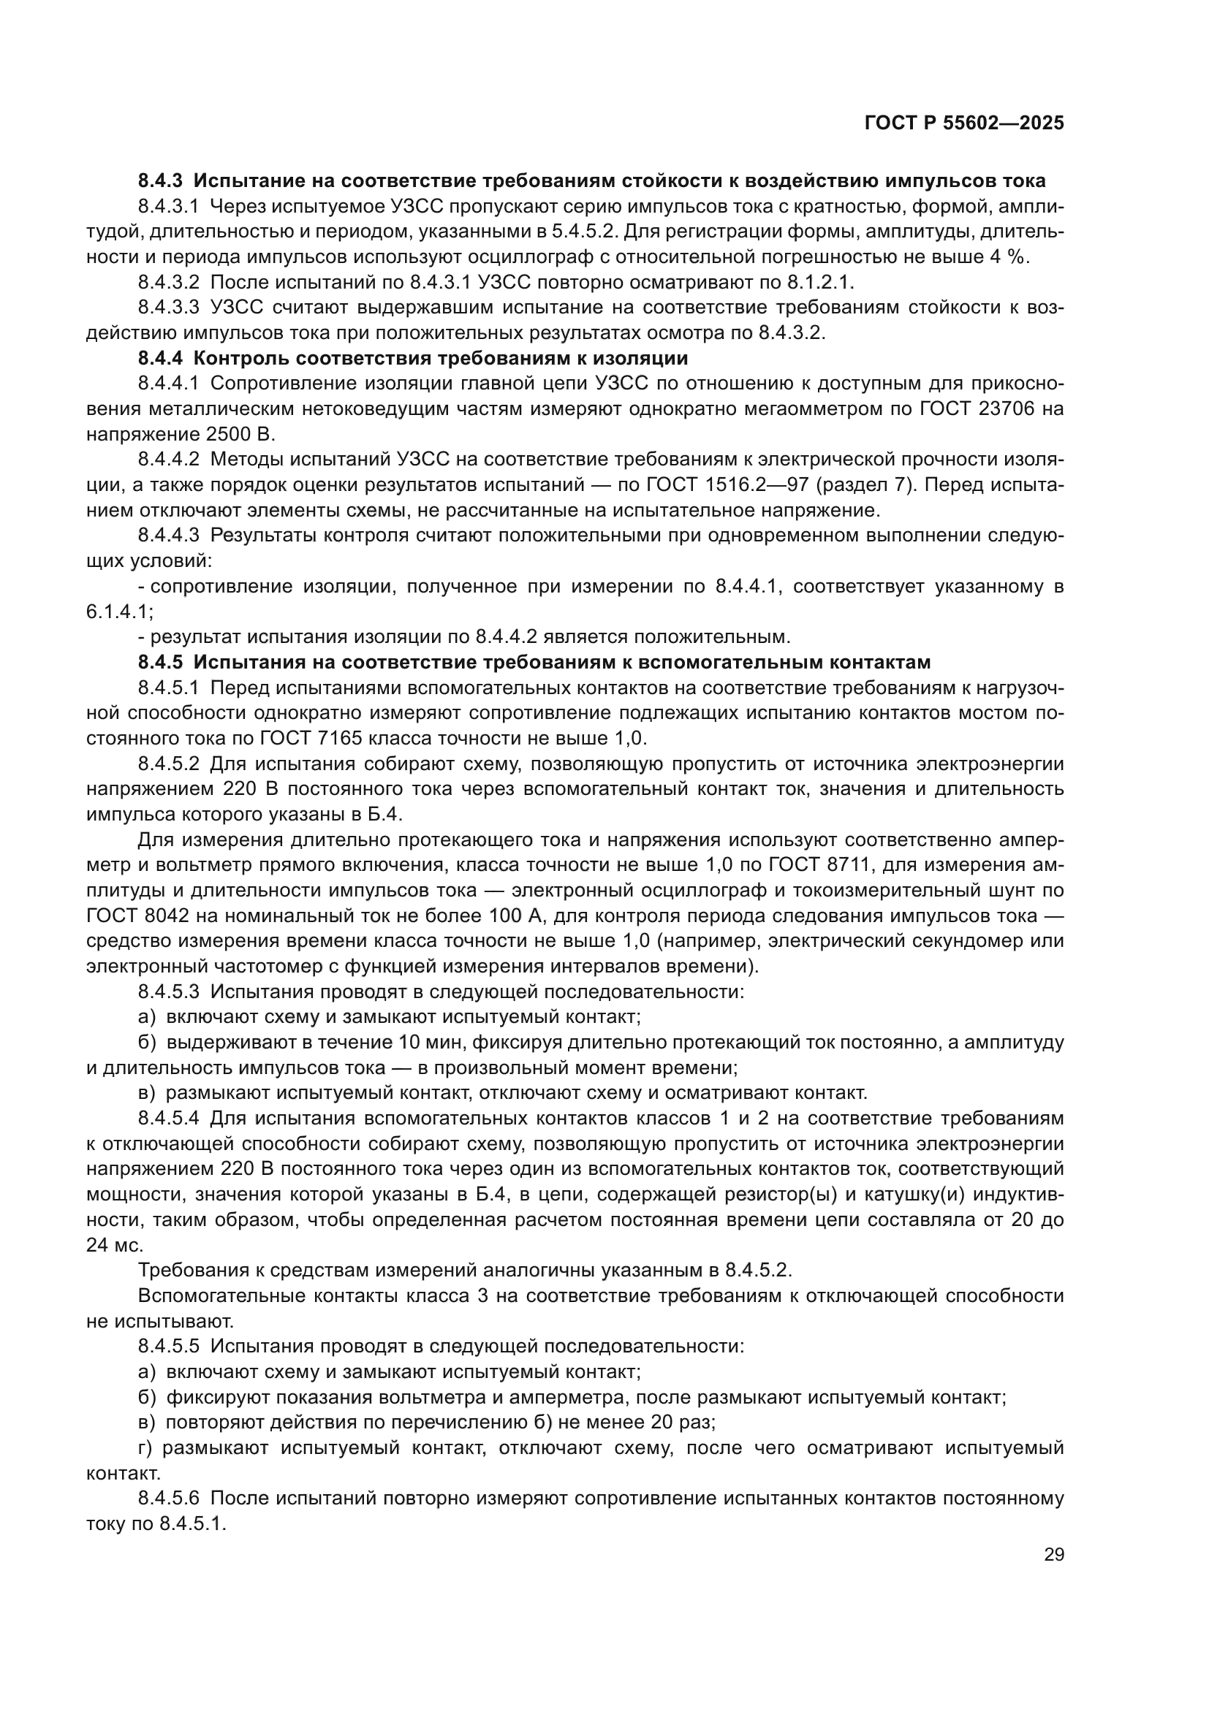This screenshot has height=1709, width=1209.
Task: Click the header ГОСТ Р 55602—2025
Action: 964,123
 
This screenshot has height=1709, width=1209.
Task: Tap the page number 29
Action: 1053,1554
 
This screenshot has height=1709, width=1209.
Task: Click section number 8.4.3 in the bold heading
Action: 160,181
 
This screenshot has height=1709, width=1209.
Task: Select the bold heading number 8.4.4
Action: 160,358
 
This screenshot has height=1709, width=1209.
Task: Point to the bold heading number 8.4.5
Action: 160,662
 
